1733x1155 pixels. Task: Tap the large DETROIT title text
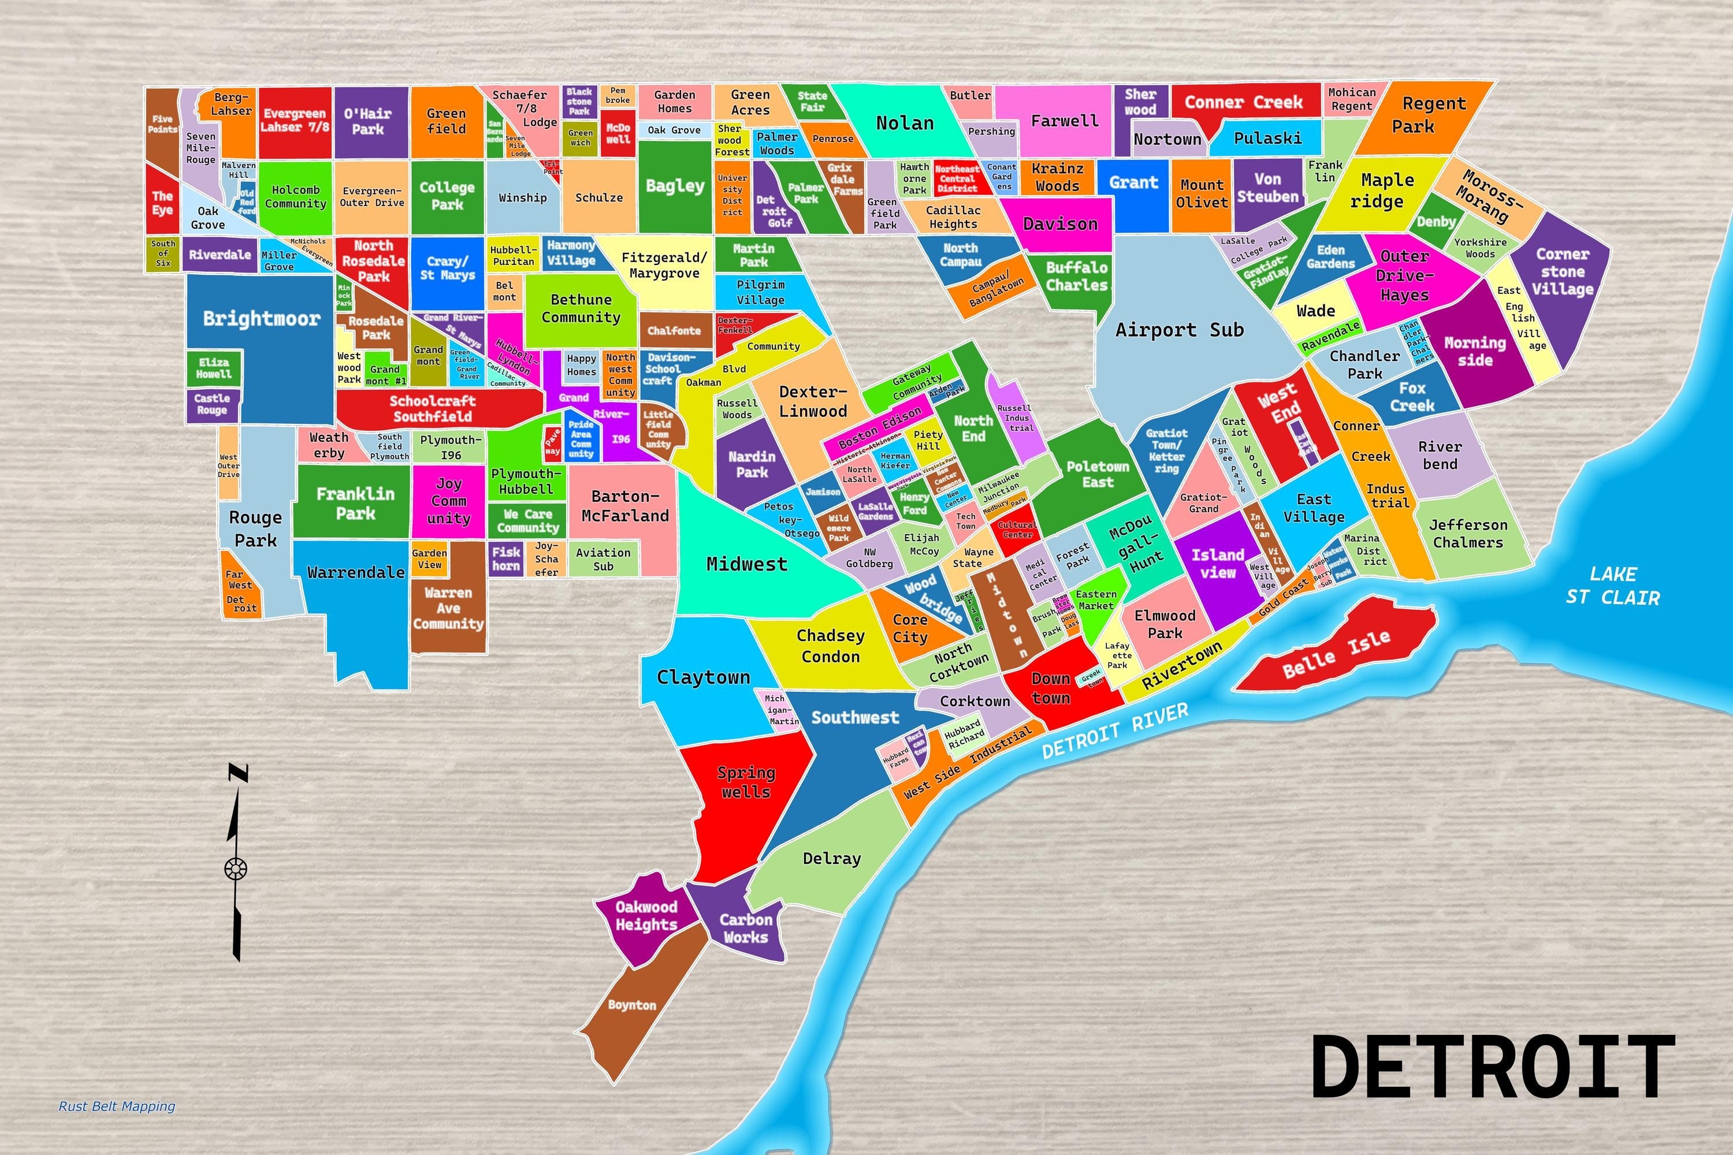(1492, 1067)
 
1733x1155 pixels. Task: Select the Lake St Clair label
(1613, 586)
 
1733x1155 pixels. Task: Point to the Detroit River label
(1114, 730)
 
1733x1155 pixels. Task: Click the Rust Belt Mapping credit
(117, 1106)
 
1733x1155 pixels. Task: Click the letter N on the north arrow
(237, 773)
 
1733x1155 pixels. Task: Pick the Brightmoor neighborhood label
(262, 318)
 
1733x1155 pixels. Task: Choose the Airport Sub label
(1179, 329)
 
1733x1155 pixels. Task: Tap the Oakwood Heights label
(646, 915)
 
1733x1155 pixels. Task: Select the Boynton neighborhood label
(631, 1005)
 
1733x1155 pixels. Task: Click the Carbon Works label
(746, 928)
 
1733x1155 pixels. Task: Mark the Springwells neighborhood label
(746, 783)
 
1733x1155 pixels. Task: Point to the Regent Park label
(1423, 114)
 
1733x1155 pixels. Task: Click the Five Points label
(162, 124)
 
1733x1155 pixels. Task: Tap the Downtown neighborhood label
(1051, 687)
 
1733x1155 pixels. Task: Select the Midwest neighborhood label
(746, 564)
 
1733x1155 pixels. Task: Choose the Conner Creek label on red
(1243, 102)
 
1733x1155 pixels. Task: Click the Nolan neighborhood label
(905, 123)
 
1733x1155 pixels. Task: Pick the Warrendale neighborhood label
(356, 572)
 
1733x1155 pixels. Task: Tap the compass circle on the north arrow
(235, 869)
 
